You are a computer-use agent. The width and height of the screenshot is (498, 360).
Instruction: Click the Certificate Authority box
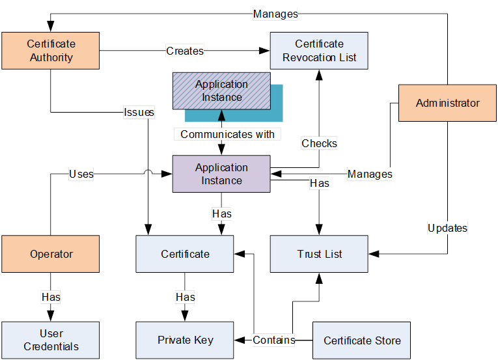(51, 50)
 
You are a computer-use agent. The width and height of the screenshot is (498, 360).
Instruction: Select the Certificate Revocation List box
(319, 50)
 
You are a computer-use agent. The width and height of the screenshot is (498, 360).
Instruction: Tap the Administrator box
(447, 103)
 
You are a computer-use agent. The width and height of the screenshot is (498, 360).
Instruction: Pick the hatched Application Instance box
(221, 90)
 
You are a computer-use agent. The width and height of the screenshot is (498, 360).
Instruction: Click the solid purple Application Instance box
(221, 174)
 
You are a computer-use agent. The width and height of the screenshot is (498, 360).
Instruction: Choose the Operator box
(51, 254)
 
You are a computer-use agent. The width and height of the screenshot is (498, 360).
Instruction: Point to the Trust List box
(319, 254)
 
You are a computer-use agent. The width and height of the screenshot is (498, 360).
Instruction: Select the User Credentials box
(51, 340)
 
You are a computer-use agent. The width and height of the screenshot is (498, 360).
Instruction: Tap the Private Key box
(185, 340)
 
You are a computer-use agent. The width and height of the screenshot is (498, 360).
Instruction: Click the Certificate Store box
(362, 340)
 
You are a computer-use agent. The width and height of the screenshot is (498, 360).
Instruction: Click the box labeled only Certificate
(185, 254)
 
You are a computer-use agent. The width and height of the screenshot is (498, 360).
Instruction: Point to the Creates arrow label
(185, 50)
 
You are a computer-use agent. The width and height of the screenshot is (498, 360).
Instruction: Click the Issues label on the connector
(139, 112)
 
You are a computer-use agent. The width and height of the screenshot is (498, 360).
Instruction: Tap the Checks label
(319, 143)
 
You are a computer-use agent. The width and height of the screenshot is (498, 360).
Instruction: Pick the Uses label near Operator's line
(81, 174)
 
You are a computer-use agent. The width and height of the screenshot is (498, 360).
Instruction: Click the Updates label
(447, 228)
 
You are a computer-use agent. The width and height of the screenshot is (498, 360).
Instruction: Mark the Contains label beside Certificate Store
(273, 340)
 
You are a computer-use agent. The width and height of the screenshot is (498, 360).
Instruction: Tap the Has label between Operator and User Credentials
(51, 297)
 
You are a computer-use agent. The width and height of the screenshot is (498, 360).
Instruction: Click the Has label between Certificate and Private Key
(185, 297)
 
